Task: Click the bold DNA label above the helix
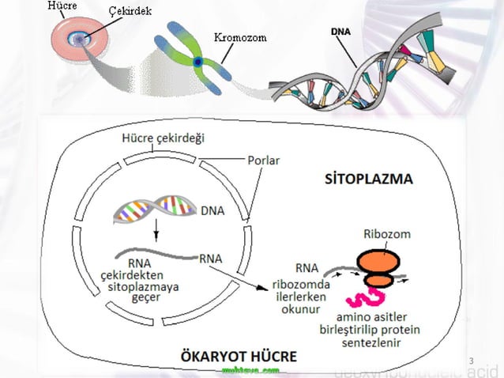342,32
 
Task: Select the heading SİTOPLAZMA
369,178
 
